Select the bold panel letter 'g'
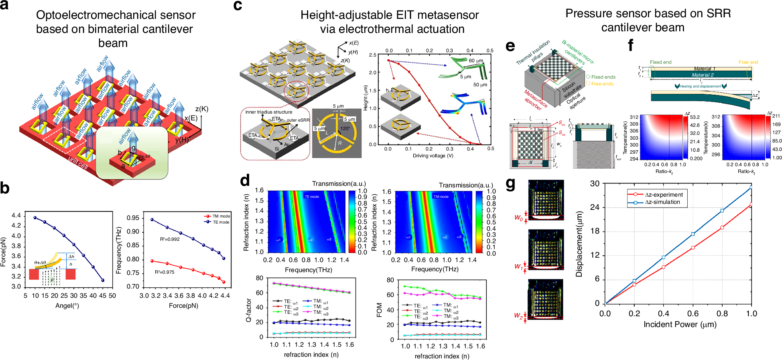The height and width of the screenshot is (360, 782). tap(510, 184)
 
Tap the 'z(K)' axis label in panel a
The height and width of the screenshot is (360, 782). tap(202, 109)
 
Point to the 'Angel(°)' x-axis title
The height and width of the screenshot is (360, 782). tap(67, 306)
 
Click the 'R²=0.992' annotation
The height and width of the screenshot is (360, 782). tap(170, 239)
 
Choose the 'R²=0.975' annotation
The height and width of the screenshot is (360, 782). tap(165, 272)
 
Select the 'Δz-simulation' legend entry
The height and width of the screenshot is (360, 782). tap(662, 202)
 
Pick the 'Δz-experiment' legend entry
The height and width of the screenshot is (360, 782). tap(664, 195)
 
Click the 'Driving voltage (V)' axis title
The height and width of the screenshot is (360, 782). tap(433, 156)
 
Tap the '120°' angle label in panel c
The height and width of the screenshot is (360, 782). tap(345, 128)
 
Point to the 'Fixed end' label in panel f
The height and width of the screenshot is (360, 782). tap(660, 62)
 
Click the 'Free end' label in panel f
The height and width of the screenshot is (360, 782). tap(748, 62)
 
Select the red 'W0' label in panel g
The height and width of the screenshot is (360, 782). tap(518, 218)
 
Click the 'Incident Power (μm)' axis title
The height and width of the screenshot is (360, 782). tap(680, 324)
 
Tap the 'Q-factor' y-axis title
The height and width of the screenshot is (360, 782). tap(249, 310)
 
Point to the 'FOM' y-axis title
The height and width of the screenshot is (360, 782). tap(379, 310)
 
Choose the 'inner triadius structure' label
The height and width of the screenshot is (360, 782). tap(269, 112)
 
